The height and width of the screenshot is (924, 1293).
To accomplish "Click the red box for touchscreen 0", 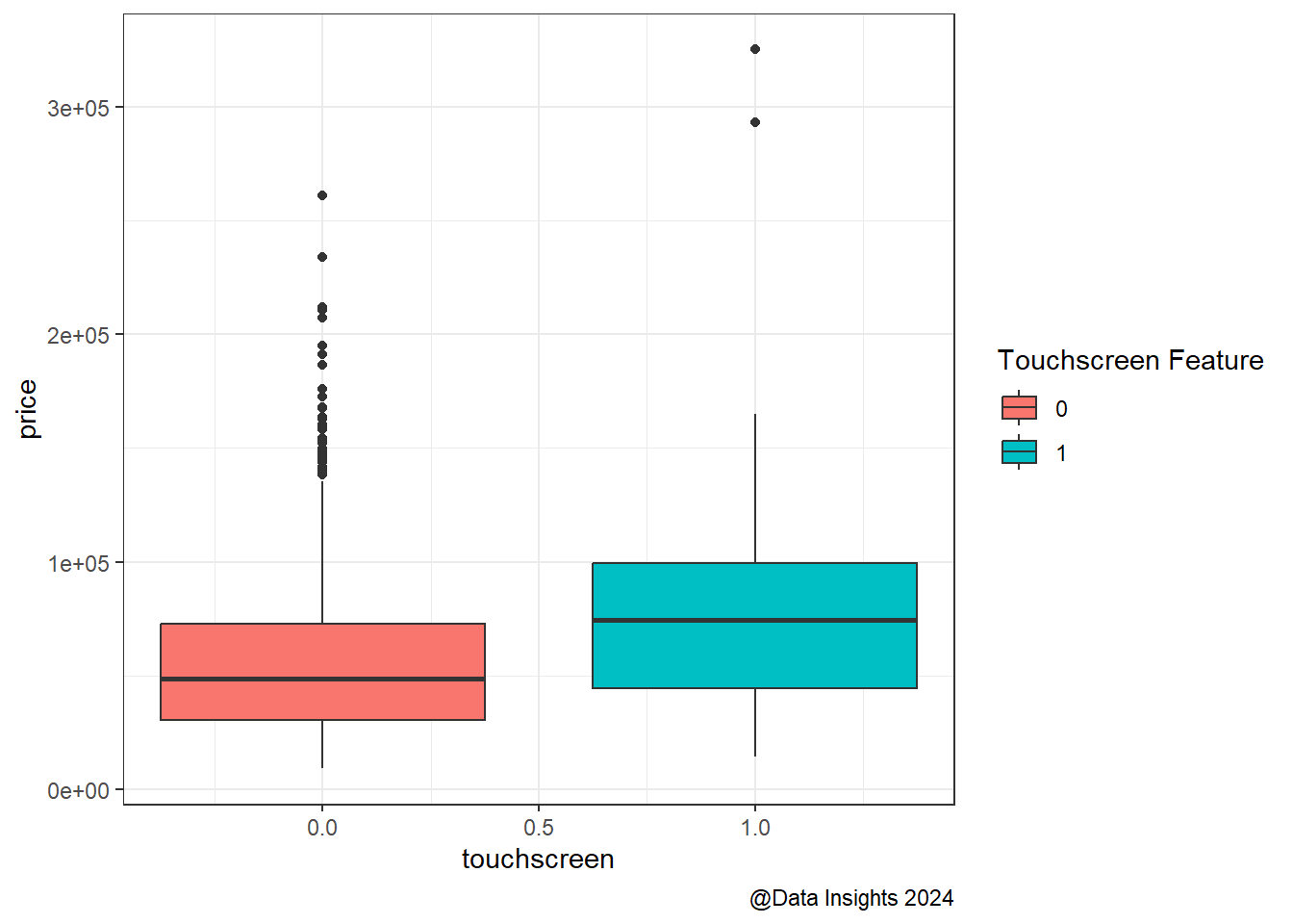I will pos(322,654).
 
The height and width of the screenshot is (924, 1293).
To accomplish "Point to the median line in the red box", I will pos(322,680).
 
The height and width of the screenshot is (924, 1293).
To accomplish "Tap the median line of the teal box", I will pos(754,621).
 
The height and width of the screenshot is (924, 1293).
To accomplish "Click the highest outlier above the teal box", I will pos(755,49).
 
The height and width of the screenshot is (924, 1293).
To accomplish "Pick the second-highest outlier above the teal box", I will pos(755,122).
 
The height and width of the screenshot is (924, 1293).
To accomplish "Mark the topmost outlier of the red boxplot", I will pos(322,195).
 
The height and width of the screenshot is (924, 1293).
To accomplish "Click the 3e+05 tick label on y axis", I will pos(79,108).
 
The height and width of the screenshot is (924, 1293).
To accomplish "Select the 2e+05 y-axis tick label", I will pos(79,335).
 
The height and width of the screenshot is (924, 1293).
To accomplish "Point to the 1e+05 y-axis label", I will pos(79,563).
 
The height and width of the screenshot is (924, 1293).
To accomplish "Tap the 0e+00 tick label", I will pos(79,791).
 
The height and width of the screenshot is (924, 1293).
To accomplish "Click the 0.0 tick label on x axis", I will pos(322,828).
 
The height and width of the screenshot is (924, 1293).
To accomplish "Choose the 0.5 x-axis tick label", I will pos(539,828).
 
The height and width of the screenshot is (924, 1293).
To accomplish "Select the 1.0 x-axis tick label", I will pos(755,828).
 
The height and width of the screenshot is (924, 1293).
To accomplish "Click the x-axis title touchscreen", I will pos(538,859).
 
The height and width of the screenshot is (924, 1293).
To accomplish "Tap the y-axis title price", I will pos(28,409).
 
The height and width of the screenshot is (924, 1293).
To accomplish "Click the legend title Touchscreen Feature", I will pos(1130,361).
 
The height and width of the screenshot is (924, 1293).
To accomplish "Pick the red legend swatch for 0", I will pos(1019,408).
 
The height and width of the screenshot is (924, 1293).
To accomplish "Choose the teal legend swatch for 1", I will pos(1019,452).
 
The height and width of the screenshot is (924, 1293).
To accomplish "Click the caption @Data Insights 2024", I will pos(851,898).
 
